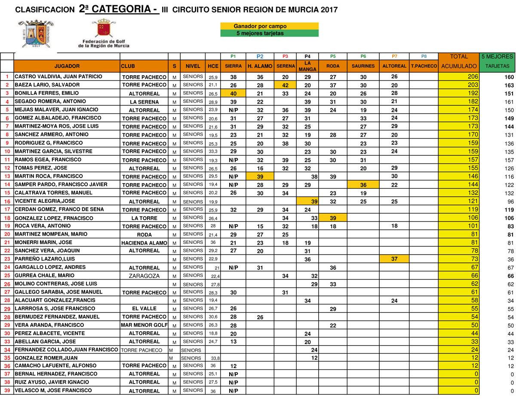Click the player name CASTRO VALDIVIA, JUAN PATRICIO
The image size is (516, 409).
(x=58, y=77)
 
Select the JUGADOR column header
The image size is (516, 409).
(x=67, y=66)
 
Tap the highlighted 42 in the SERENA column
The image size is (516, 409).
(x=285, y=85)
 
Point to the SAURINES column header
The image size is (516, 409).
(x=363, y=66)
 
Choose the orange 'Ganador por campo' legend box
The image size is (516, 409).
(x=269, y=26)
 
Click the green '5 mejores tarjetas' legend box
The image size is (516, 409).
(x=269, y=33)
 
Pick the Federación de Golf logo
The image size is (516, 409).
(x=104, y=34)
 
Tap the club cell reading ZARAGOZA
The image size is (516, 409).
(x=144, y=276)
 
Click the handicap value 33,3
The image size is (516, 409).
(x=212, y=151)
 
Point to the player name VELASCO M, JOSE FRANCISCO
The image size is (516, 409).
(x=53, y=391)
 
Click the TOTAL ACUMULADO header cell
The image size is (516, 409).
(x=458, y=62)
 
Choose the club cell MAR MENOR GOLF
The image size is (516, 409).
(x=144, y=325)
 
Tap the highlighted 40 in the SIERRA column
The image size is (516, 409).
(x=233, y=93)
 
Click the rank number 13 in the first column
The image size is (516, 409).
(x=7, y=176)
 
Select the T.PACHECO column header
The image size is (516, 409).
(x=424, y=66)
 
